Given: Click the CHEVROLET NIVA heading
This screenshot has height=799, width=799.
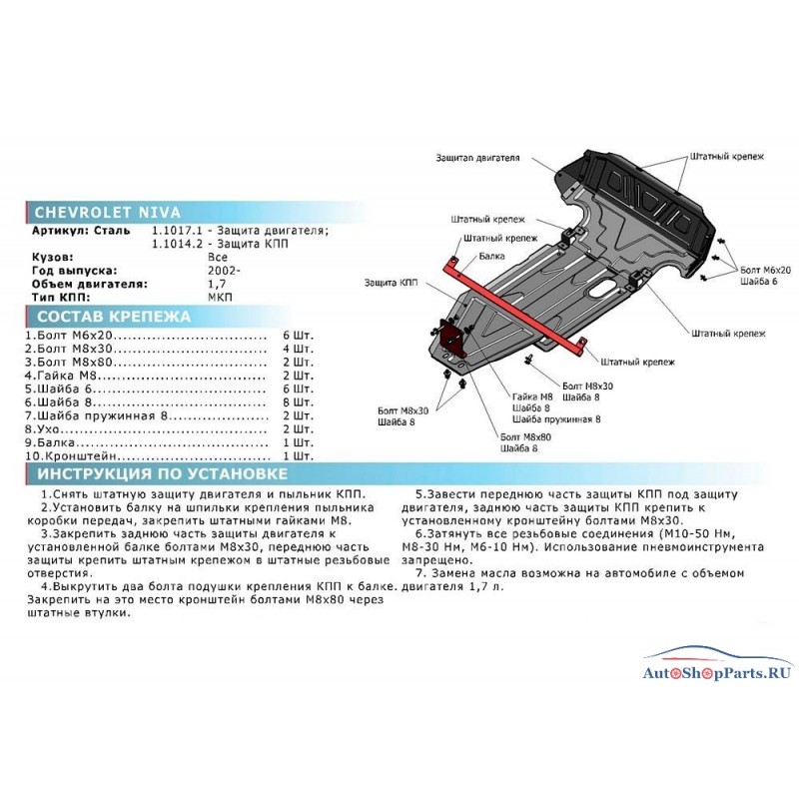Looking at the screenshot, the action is click(108, 212).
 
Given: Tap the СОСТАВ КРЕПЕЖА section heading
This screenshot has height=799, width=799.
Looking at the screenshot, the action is click(114, 317).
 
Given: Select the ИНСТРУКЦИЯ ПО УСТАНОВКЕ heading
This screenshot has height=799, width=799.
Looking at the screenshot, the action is click(163, 473).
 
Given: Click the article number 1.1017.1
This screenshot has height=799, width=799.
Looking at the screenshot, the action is click(177, 231).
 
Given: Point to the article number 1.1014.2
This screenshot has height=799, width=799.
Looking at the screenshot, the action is click(177, 244).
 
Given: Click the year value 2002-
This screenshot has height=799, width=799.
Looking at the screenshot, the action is click(224, 270).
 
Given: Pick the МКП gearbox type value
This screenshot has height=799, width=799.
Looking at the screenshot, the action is click(220, 297).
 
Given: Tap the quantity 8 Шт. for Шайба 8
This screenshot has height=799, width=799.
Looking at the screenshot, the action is click(298, 402).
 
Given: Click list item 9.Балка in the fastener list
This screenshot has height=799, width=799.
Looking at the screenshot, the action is click(50, 442).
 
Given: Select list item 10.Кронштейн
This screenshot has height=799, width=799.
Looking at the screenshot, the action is click(71, 455).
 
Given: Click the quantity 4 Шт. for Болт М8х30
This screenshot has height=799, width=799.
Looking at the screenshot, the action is click(298, 349).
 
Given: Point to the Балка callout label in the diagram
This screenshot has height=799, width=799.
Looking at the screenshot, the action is click(491, 256).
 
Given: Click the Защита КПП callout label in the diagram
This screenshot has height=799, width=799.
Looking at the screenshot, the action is click(391, 283).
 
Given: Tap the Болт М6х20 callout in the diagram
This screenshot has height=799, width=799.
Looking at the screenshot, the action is click(765, 270).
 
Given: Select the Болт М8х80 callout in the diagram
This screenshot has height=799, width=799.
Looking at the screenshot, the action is click(525, 436).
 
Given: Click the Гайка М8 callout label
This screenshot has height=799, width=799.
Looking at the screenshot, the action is click(532, 397).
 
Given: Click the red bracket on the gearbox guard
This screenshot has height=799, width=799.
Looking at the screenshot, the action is click(451, 338).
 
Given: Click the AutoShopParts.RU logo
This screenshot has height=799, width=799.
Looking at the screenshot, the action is click(717, 666).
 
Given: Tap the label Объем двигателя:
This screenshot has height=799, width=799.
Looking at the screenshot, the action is click(89, 284).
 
